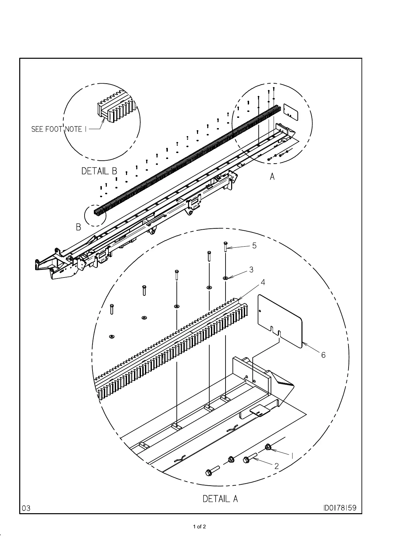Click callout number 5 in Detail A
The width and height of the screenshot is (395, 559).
coord(254,246)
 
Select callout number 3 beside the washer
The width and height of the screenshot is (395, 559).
coord(251,270)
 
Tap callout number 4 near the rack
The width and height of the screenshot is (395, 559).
coord(263,282)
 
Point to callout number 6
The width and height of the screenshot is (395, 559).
coord(323,355)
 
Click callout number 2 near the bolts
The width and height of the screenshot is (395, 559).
coord(277,466)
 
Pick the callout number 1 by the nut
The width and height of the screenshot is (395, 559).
coord(292,456)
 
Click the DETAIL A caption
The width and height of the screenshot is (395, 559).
coord(220,499)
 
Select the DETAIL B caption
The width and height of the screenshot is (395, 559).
coord(99,171)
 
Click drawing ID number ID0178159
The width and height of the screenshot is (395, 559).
coord(340,508)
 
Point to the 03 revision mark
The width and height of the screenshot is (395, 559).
coord(27,508)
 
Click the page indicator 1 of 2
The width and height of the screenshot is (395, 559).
coord(200,526)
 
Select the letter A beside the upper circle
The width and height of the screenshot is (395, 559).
coord(272,177)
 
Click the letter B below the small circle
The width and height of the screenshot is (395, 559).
coord(79,227)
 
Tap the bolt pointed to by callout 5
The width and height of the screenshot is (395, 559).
coord(226,247)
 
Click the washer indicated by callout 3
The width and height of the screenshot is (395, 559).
coord(226,278)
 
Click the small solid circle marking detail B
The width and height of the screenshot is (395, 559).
coord(95,215)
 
